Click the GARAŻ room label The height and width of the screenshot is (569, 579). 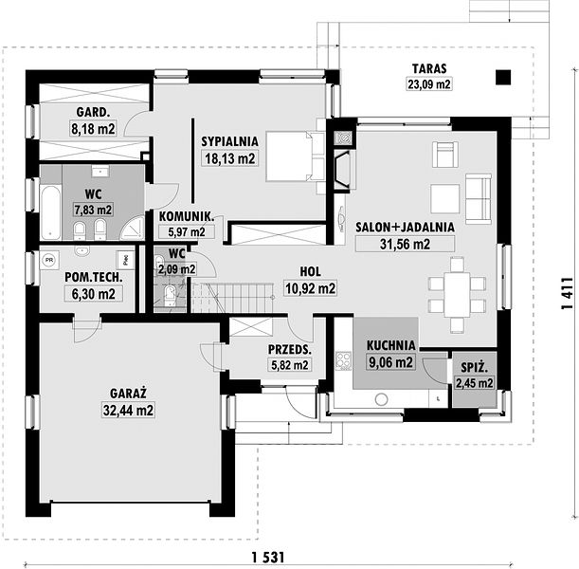(128, 394)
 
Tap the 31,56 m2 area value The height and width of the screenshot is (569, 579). (405, 245)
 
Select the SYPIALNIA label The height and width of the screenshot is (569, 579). (229, 141)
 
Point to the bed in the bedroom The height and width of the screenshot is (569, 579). (295, 156)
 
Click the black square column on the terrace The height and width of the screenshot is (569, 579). (503, 78)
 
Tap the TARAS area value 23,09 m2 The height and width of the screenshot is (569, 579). (429, 84)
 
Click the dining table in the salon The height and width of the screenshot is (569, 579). (457, 294)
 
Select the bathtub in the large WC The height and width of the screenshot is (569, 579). (50, 212)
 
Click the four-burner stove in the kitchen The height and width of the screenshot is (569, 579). (343, 360)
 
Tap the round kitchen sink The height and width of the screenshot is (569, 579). (381, 399)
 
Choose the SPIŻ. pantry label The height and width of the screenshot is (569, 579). (475, 368)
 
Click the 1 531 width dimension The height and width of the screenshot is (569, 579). (268, 557)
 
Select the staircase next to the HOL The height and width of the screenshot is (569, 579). (232, 298)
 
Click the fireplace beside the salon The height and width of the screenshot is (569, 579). (342, 171)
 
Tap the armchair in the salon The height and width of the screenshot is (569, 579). (445, 154)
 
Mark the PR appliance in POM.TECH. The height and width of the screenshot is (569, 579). (49, 260)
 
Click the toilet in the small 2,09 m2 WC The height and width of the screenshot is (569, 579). (171, 295)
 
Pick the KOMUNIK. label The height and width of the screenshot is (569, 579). (187, 216)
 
